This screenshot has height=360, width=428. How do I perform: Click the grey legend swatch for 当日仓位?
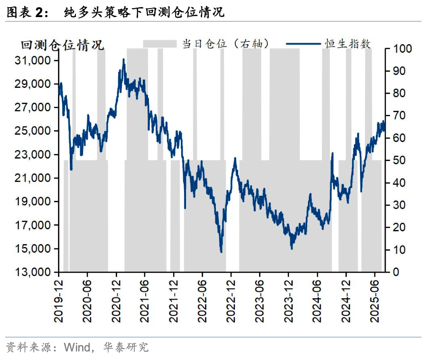pos(160,44)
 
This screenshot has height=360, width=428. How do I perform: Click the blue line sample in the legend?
pos(303,44)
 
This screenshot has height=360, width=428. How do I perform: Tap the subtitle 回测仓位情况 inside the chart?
pos(62,46)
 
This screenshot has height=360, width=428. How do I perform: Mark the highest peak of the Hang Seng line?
pos(124,60)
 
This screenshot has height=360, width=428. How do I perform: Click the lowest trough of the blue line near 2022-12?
pos(221,252)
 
